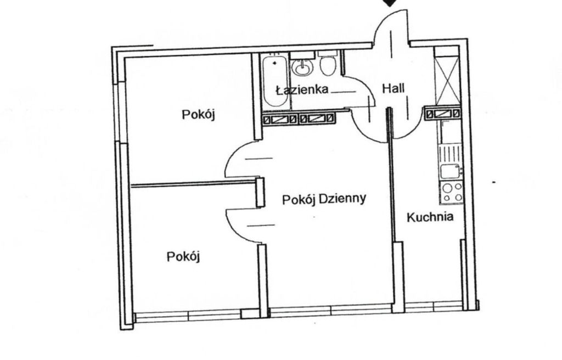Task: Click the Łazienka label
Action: (x=302, y=89)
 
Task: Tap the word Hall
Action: (x=393, y=88)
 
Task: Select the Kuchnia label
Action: (x=430, y=217)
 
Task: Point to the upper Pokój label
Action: (x=198, y=115)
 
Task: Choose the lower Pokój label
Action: (x=183, y=257)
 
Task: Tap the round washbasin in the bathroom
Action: (x=303, y=67)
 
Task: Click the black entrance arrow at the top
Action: (x=391, y=3)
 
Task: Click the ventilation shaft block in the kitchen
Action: (x=442, y=114)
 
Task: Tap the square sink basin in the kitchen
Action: (x=450, y=171)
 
